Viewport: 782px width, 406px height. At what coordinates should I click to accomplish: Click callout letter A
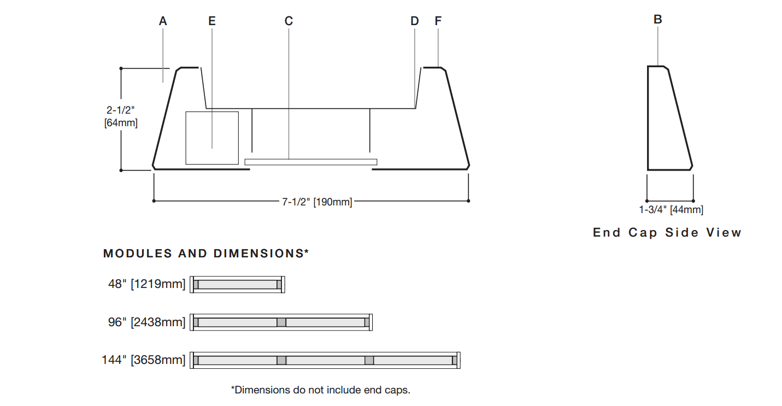tap(163, 21)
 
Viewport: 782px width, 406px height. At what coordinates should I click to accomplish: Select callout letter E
tap(212, 21)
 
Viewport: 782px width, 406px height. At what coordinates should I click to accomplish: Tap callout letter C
tap(289, 21)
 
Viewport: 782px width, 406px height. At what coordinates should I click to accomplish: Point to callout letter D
tap(414, 21)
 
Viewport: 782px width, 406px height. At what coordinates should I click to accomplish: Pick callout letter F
tap(438, 21)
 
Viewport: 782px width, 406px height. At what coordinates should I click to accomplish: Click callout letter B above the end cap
tap(658, 20)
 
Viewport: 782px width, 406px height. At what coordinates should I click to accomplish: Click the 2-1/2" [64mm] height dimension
tap(121, 116)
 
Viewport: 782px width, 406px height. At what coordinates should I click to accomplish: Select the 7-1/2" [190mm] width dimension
tap(317, 202)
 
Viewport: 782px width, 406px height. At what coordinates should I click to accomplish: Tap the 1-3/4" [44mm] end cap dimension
tap(671, 210)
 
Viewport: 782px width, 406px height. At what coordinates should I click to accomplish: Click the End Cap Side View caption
tap(667, 233)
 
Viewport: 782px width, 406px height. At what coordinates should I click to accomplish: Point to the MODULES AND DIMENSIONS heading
tap(206, 254)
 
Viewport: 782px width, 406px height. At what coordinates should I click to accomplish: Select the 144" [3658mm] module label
tap(144, 360)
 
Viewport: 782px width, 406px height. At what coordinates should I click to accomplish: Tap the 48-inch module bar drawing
tap(237, 285)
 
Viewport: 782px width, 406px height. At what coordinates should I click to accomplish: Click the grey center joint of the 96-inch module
tap(281, 322)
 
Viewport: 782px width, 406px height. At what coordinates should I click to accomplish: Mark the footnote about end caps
tap(320, 390)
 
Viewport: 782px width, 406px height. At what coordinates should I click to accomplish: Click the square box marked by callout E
tap(212, 138)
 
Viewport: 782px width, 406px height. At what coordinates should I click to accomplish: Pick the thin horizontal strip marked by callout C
tap(311, 162)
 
